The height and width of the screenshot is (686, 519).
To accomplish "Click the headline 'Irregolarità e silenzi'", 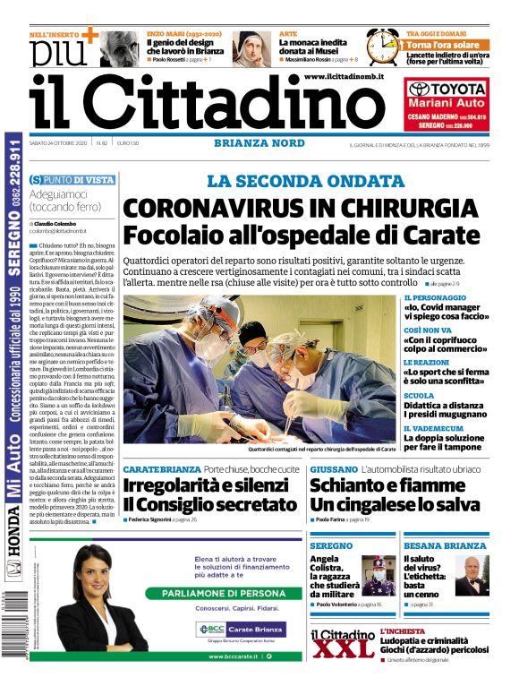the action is (x=201, y=486).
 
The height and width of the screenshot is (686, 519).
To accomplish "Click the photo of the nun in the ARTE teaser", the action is (x=251, y=48).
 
